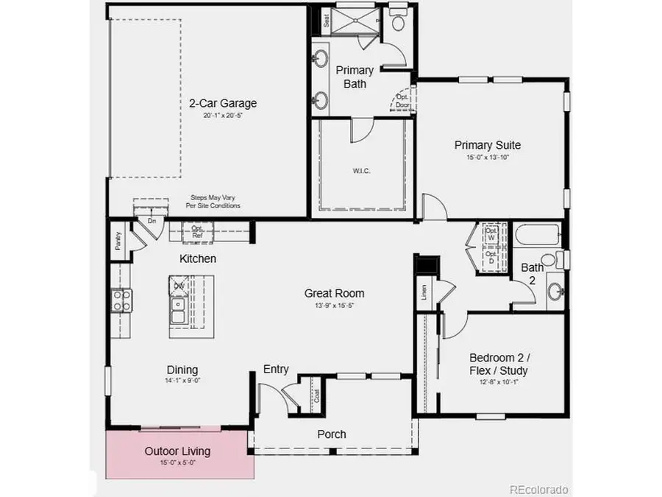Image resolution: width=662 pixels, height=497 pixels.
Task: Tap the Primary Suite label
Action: [487, 145]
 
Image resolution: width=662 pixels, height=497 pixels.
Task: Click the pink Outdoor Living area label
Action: [177, 451]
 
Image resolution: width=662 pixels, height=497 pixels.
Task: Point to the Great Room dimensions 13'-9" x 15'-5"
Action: [334, 305]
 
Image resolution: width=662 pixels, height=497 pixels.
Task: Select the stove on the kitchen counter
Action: [121, 300]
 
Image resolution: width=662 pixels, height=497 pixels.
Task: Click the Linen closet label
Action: [424, 292]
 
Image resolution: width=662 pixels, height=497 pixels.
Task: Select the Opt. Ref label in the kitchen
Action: [196, 231]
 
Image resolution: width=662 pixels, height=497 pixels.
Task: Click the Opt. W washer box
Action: [491, 237]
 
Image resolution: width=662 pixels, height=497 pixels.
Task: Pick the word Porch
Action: [331, 434]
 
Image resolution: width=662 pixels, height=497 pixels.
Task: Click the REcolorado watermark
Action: [538, 489]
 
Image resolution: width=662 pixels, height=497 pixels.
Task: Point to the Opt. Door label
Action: [402, 101]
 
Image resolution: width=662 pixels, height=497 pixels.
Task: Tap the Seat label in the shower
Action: [326, 21]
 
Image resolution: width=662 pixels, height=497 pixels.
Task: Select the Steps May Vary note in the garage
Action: [216, 201]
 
